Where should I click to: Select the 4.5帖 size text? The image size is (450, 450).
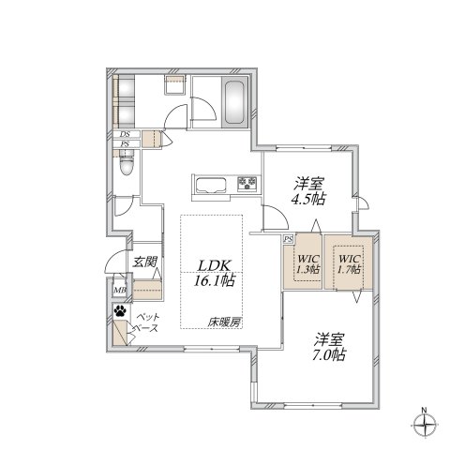tap(307, 199)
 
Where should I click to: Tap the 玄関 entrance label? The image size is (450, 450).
tap(143, 262)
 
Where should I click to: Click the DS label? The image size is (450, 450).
tap(124, 135)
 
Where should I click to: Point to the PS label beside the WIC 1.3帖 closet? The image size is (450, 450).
tap(288, 238)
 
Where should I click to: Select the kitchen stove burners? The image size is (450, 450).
tap(247, 183)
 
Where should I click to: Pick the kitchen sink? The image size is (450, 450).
tap(208, 182)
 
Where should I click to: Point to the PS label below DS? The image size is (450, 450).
tap(124, 144)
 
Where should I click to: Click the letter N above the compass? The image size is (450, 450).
tap(424, 409)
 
